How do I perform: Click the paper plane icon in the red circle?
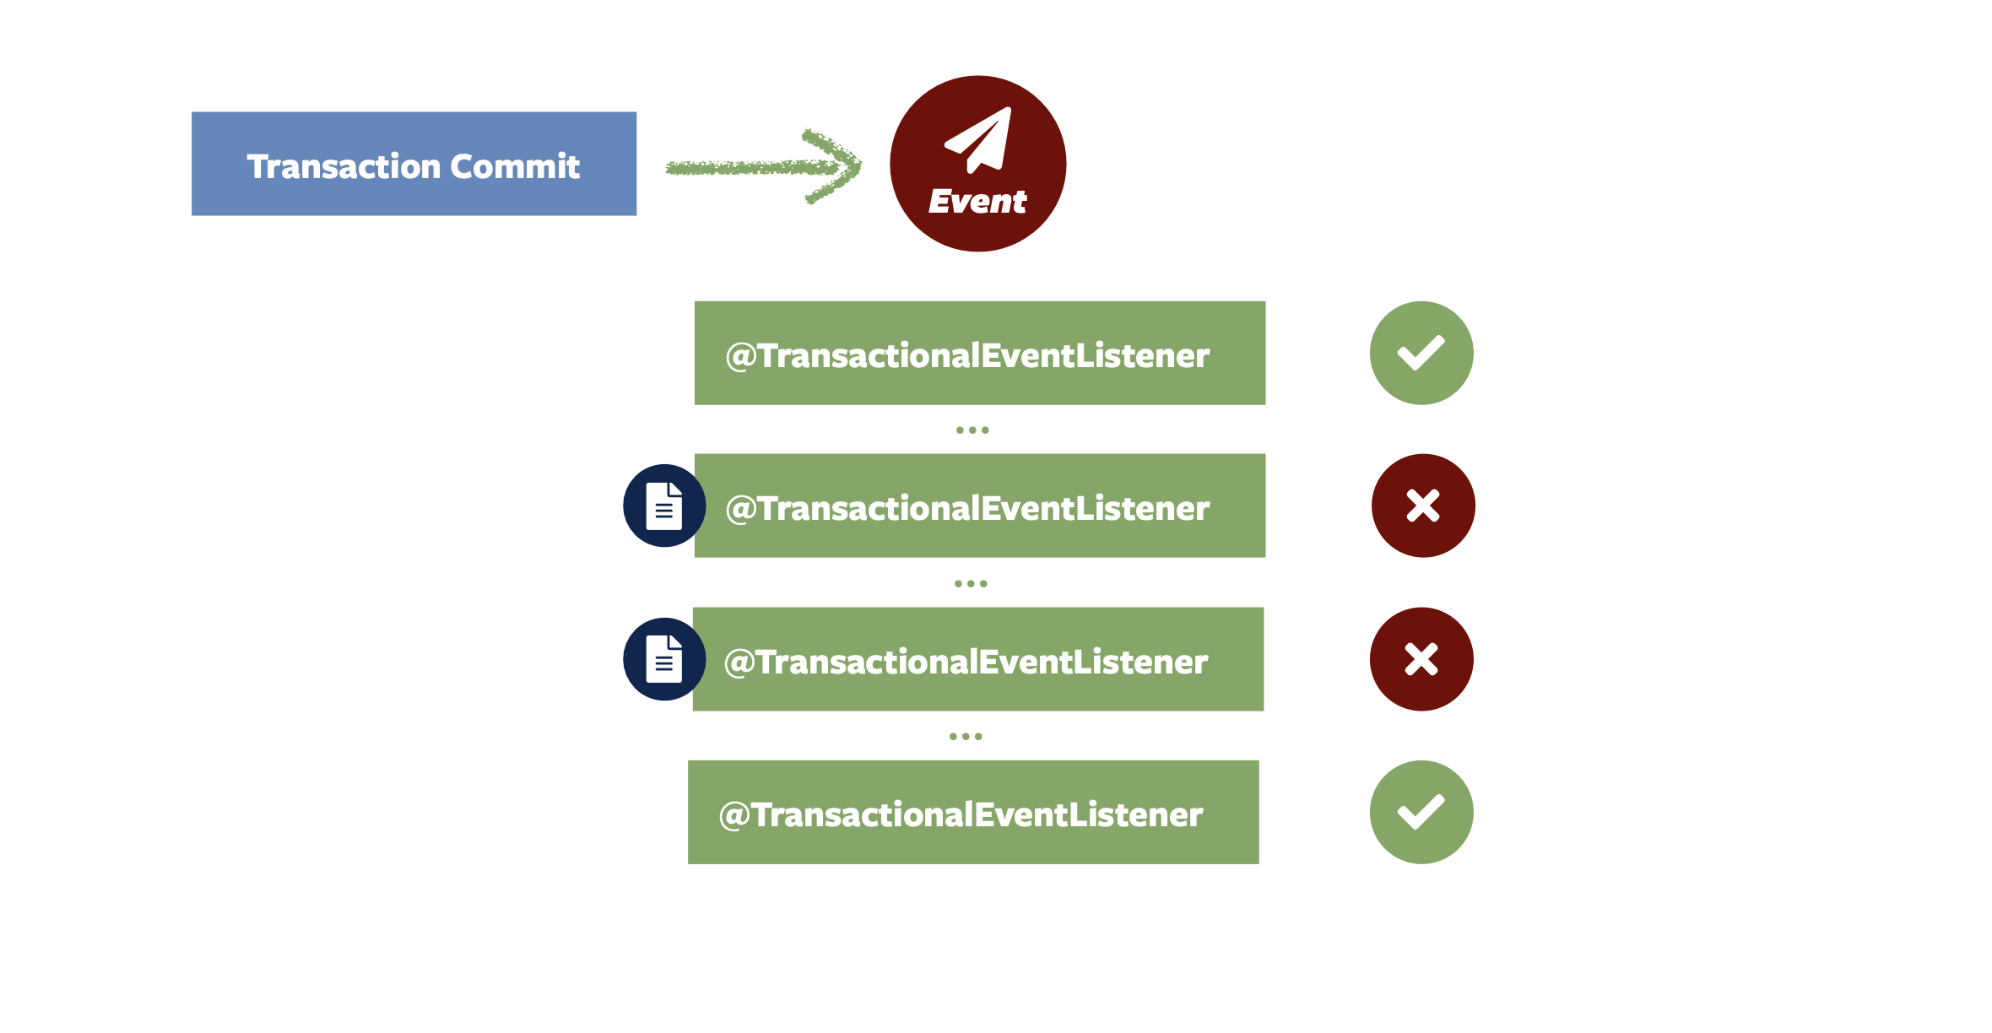[980, 138]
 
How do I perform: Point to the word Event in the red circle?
[977, 202]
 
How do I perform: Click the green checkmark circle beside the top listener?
[1421, 353]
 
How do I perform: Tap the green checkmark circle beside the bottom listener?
[1421, 812]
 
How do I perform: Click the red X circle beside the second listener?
[1423, 506]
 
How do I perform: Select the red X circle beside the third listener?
[1421, 659]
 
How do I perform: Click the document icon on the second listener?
[664, 506]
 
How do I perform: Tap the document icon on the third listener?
[664, 659]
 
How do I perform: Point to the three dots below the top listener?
[972, 430]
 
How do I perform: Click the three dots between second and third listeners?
[971, 583]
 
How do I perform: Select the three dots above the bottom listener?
[966, 737]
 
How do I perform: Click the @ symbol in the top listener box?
[740, 356]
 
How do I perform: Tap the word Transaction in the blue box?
[344, 166]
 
